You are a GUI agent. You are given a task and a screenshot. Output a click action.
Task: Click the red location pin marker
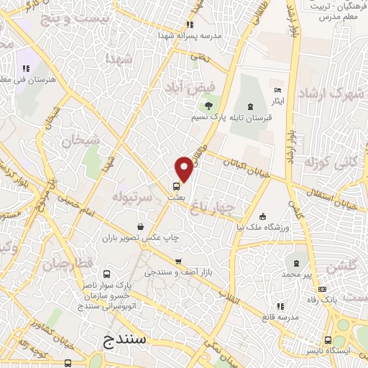click(184, 169)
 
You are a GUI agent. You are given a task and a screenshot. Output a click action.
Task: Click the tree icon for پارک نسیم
click(208, 108)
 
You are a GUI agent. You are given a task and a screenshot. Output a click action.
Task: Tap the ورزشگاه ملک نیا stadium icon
click(264, 217)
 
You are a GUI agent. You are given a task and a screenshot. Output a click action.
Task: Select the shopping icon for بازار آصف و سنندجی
click(178, 262)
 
